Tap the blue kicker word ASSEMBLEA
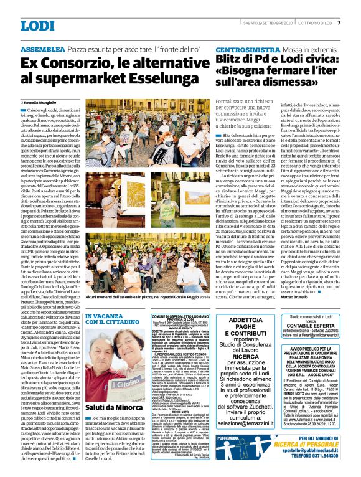click(x=42, y=49)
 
